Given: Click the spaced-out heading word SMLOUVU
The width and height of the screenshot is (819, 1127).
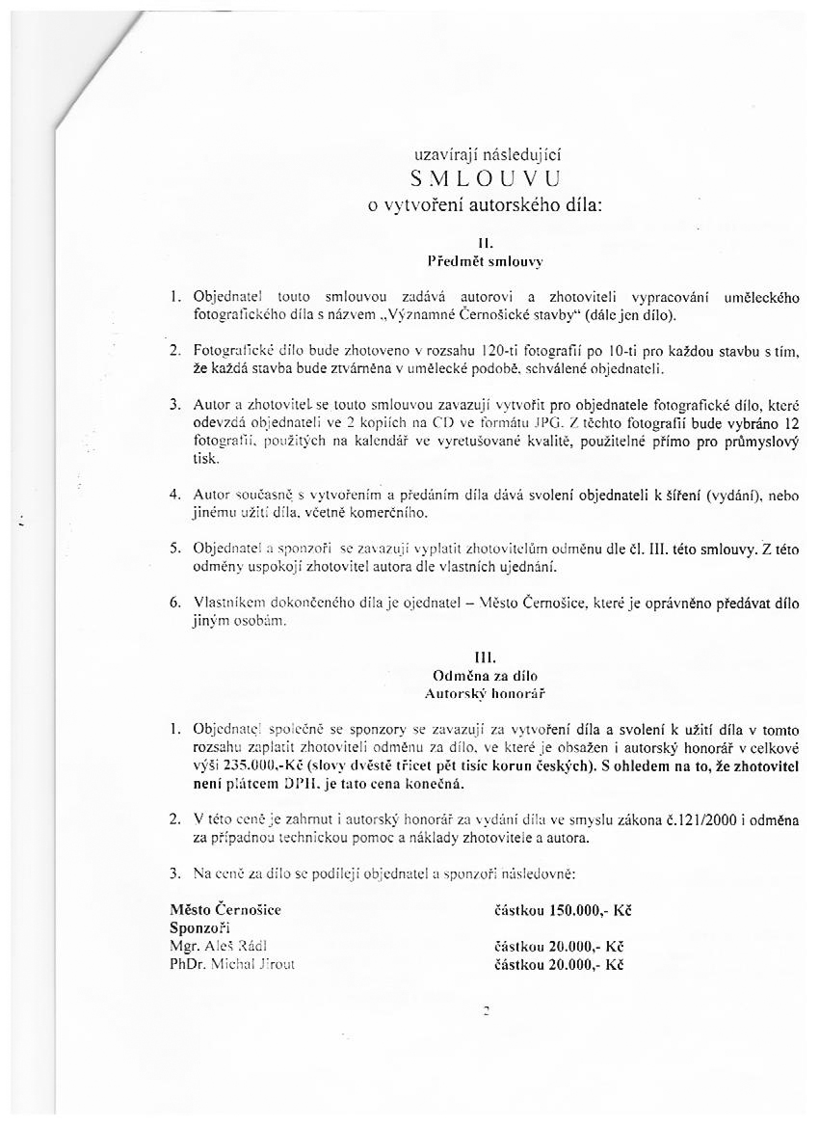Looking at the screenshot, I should click(485, 177).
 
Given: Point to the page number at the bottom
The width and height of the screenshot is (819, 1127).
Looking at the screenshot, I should click(488, 1011).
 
